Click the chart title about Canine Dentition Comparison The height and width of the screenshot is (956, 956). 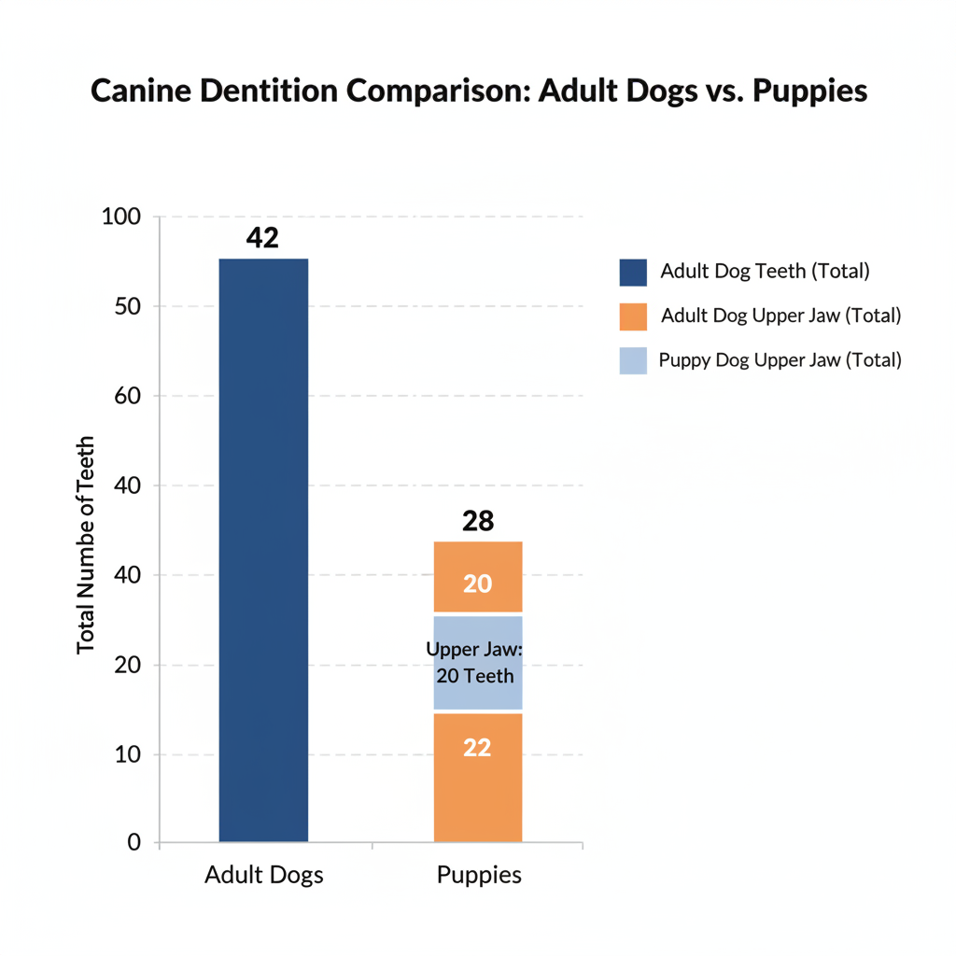(479, 92)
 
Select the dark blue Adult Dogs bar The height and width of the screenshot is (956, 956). (263, 550)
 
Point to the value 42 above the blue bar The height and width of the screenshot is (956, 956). (262, 237)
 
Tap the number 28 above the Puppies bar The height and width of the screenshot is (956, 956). (478, 521)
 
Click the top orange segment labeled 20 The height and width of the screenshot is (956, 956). (478, 578)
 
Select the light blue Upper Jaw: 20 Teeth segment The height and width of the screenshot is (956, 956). (478, 663)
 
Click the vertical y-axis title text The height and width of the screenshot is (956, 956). (86, 544)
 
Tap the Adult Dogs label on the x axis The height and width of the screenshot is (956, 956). (264, 876)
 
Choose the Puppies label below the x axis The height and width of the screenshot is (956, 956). (479, 876)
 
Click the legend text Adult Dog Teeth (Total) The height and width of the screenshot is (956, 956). (765, 272)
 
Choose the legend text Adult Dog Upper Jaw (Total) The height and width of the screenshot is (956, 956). (780, 316)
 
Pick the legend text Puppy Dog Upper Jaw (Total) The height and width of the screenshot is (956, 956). (780, 359)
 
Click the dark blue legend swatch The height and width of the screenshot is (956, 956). (633, 273)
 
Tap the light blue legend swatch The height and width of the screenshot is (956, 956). (633, 359)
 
